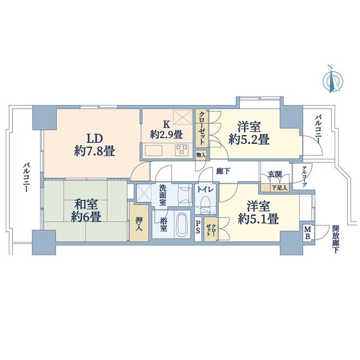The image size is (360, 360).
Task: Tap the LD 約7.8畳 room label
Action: coord(94,145)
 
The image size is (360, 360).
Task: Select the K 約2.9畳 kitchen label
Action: coord(166,130)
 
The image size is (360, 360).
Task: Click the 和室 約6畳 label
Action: coord(86,210)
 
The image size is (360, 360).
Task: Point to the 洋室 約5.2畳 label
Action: coord(249,133)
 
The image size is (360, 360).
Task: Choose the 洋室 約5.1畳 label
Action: coord(259,213)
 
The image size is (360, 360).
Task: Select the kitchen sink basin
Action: coord(154,151)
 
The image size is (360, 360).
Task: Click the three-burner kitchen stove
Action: coord(182,150)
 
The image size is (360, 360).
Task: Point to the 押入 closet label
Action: coord(139,224)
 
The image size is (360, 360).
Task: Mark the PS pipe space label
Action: coord(198,227)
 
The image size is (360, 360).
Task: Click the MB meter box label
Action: coord(308,232)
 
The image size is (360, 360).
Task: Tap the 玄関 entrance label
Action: coord(275,174)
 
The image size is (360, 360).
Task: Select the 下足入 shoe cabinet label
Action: coord(280,188)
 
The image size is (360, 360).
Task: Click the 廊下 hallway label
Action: coord(223,171)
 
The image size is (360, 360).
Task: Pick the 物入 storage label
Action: coord(201,155)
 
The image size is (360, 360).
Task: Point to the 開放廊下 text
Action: coord(336,239)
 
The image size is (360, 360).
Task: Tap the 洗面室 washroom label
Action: coord(163,195)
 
